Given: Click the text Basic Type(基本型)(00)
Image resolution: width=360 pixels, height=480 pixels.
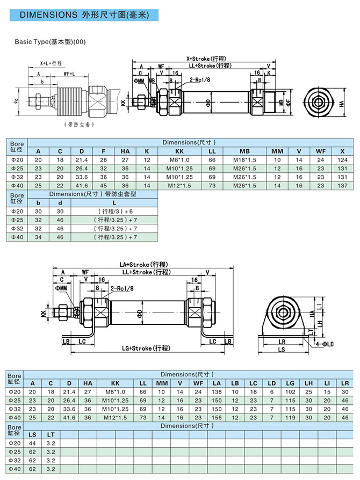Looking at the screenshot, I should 51,41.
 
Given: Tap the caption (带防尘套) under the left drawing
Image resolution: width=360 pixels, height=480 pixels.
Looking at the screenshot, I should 75,125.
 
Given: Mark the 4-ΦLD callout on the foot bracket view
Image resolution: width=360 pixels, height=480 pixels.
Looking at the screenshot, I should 325,343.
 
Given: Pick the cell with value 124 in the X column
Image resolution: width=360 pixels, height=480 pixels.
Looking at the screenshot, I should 342,159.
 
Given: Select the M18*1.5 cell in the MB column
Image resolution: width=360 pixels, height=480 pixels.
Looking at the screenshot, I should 244,159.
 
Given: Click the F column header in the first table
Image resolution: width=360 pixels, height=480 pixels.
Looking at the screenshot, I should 103,151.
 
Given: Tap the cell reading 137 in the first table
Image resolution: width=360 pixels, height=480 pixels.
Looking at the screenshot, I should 342,185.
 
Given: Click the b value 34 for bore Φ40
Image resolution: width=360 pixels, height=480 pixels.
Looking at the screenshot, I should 38,237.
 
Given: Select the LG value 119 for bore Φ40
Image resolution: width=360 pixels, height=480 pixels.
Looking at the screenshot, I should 290,417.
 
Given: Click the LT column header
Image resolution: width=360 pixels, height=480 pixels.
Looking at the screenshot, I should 51,434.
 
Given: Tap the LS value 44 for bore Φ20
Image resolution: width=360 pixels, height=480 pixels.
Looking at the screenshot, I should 33,443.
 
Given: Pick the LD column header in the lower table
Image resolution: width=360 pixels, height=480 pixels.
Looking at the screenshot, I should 272,383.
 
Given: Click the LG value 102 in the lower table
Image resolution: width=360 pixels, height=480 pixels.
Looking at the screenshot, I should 290,392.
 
